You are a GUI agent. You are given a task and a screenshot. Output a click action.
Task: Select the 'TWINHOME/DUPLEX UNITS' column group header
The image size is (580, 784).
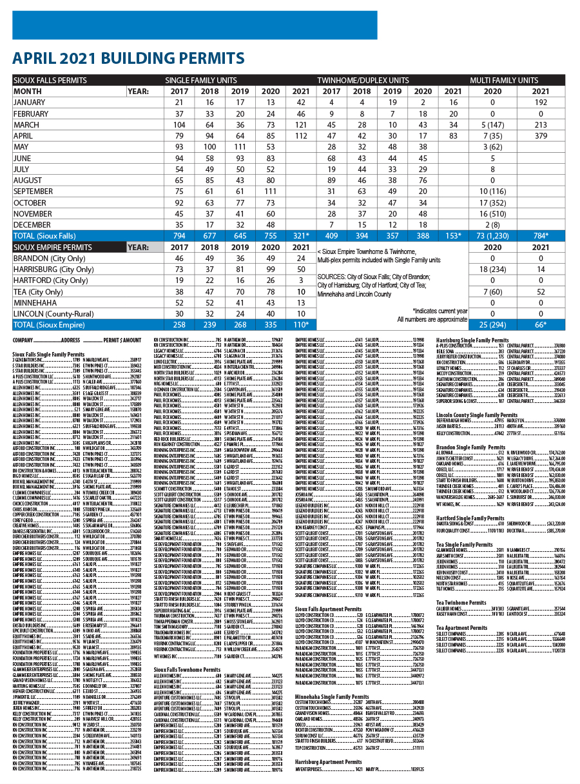click(363, 81)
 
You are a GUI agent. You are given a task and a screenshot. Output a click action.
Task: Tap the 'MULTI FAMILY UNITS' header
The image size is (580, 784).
click(504, 81)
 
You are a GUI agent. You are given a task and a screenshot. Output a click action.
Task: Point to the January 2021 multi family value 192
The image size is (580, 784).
click(541, 103)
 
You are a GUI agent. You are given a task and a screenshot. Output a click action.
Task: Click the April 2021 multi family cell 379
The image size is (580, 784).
click(541, 136)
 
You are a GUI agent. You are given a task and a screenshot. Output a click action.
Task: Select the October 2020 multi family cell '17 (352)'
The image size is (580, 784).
click(492, 202)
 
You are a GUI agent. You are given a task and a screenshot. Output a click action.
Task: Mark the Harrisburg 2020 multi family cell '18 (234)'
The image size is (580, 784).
click(492, 269)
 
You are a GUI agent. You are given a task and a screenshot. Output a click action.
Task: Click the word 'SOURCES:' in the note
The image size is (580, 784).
click(333, 276)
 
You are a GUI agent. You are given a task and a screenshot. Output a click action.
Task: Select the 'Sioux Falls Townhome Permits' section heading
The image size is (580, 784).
click(187, 670)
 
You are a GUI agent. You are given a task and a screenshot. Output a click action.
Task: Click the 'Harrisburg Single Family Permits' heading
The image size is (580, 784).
click(472, 339)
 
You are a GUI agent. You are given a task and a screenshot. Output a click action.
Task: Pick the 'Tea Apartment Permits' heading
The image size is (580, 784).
click(462, 627)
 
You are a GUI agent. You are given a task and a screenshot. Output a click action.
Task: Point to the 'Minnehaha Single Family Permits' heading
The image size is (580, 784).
click(333, 697)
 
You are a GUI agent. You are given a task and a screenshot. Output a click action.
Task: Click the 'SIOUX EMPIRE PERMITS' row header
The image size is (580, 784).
click(53, 247)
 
